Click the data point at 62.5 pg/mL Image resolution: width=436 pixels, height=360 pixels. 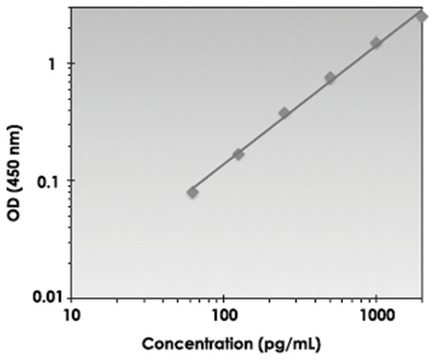[x=193, y=192]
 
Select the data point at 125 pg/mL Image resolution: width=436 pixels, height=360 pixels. [x=238, y=154]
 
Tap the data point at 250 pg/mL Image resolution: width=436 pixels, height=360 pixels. [x=284, y=113]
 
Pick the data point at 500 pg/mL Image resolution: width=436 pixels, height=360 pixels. [x=330, y=78]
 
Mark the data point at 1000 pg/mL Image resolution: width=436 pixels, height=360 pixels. [x=376, y=43]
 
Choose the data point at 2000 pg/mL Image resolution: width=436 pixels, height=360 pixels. [x=421, y=16]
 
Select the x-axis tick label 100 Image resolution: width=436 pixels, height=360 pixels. [x=223, y=314]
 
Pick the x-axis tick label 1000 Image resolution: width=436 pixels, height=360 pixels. [x=375, y=314]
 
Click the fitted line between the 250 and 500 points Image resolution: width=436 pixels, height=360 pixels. [x=307, y=96]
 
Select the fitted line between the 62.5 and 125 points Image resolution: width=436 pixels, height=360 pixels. [x=215, y=173]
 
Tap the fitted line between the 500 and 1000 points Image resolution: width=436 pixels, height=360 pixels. [x=353, y=60]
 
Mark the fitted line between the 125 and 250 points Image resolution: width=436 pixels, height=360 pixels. [x=262, y=134]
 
